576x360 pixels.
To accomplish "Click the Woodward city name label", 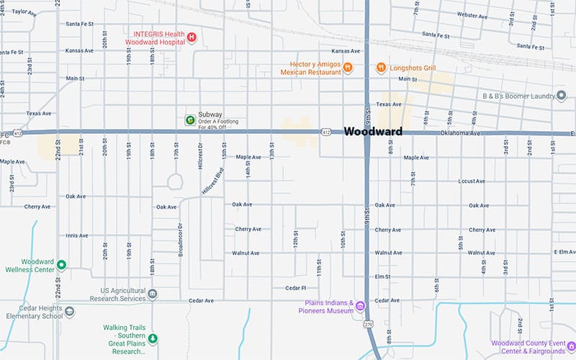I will (x=372, y=132).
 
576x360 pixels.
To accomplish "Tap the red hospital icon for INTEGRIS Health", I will (x=192, y=37).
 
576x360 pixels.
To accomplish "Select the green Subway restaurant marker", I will (x=189, y=119).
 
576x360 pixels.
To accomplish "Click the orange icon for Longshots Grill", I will (x=381, y=68).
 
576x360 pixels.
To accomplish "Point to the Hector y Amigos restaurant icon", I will (x=348, y=68).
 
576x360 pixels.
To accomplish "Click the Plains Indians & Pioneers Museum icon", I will (x=360, y=307).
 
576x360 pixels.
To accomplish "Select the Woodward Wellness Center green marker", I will (x=61, y=265).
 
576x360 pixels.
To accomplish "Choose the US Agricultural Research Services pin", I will (x=152, y=294).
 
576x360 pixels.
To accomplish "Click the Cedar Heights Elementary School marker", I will (x=69, y=311).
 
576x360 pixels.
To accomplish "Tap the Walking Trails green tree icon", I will (x=153, y=337).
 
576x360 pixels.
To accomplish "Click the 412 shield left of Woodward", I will (x=326, y=132).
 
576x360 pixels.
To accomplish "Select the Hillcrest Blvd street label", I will (x=214, y=181).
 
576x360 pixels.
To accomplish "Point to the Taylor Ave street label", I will (x=24, y=12).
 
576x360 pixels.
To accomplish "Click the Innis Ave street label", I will (x=76, y=235).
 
